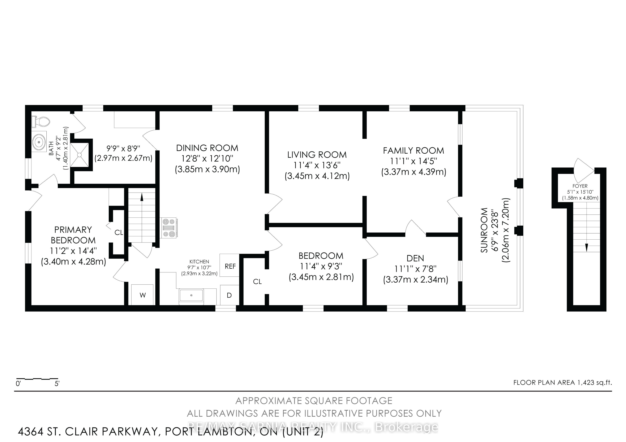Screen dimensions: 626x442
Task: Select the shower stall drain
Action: click(79, 155)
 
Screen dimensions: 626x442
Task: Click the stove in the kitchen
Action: click(169, 228)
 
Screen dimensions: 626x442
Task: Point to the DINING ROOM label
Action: click(207, 148)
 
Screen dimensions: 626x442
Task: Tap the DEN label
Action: click(415, 258)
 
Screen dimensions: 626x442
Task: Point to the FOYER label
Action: click(580, 186)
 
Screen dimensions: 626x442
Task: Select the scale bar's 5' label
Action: click(57, 384)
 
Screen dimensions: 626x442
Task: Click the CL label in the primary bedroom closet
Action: click(119, 232)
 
